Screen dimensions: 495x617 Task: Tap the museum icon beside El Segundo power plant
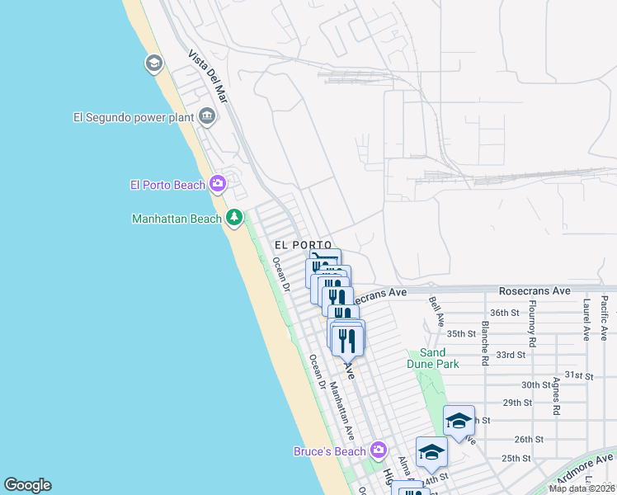coord(206,116)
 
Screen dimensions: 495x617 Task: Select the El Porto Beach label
coord(167,185)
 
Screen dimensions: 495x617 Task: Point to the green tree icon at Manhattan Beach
coord(235,218)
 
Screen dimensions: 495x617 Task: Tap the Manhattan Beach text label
coord(177,219)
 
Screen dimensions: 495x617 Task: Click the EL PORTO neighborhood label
coord(303,245)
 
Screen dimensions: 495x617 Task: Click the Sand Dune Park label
coord(432,356)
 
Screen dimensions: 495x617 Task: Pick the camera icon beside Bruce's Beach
coord(379,450)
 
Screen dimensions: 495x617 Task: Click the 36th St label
coord(504,313)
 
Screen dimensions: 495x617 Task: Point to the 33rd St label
coord(511,355)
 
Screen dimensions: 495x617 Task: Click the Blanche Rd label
coord(485,338)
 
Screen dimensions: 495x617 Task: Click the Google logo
coord(27,485)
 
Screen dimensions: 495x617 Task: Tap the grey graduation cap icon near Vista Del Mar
coord(153,64)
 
